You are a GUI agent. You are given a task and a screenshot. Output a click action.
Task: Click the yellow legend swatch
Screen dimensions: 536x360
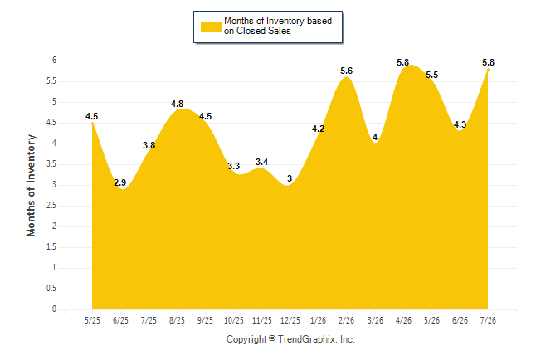(x=211, y=27)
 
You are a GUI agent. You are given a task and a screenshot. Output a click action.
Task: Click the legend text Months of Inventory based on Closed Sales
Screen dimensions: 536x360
(x=278, y=26)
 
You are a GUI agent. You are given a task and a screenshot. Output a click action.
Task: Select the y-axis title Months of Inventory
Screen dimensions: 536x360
(x=31, y=185)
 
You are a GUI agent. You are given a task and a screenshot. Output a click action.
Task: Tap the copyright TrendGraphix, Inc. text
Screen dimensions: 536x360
(x=290, y=339)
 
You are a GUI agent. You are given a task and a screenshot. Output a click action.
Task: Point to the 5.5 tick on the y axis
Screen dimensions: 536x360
(x=51, y=81)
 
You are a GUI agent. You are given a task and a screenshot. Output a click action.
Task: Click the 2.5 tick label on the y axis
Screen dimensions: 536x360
(x=51, y=206)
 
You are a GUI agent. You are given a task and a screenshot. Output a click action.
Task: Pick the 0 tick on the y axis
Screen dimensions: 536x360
(x=54, y=309)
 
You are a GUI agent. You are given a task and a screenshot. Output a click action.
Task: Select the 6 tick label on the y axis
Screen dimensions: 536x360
(x=54, y=61)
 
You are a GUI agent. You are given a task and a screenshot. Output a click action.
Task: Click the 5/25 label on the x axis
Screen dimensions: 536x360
(x=92, y=320)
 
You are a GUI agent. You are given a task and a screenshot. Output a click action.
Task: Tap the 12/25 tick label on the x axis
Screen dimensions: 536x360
(x=290, y=320)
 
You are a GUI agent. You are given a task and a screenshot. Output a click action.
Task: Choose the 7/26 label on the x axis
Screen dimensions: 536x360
(x=488, y=320)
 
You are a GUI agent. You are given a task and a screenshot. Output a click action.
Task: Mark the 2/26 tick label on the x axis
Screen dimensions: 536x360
(x=347, y=320)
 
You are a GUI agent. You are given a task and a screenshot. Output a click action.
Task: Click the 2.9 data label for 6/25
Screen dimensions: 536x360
(x=120, y=182)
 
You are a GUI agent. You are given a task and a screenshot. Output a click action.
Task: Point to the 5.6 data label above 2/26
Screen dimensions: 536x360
(x=346, y=71)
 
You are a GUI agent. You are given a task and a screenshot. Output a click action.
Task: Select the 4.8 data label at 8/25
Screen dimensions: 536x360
(x=177, y=104)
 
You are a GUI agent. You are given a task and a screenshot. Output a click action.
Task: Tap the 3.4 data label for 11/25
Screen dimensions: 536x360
(x=262, y=162)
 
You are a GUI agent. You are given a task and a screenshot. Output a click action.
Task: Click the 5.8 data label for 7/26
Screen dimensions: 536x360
(x=488, y=62)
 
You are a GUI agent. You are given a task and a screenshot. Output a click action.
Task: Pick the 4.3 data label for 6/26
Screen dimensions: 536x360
(x=460, y=124)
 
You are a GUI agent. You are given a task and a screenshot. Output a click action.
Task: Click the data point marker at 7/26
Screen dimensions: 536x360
(x=488, y=70)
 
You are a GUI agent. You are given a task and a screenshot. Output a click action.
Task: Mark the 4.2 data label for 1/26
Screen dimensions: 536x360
(x=318, y=129)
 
